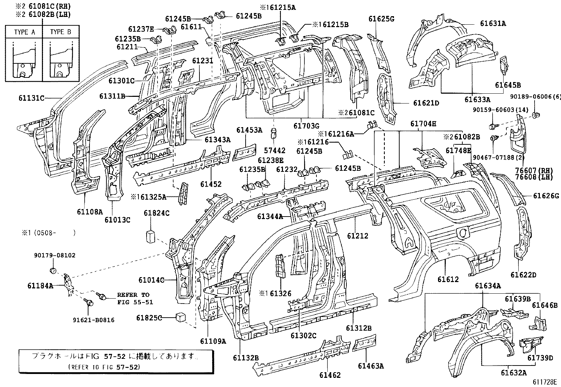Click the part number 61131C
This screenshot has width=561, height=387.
click(x=31, y=98)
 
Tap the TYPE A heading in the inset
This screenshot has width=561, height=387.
click(x=25, y=32)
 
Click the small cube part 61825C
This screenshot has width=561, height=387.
click(x=181, y=317)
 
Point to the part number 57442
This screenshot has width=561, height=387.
click(x=275, y=150)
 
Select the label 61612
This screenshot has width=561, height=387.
click(x=448, y=279)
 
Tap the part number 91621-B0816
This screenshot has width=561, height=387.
click(x=94, y=320)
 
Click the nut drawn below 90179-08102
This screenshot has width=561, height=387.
click(x=53, y=270)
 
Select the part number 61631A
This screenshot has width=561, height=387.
click(x=493, y=24)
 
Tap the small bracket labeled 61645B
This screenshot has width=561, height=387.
click(x=504, y=65)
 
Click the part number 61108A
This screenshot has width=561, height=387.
click(x=90, y=212)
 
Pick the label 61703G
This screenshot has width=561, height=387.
click(x=306, y=125)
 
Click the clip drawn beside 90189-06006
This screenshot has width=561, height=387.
click(x=537, y=115)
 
